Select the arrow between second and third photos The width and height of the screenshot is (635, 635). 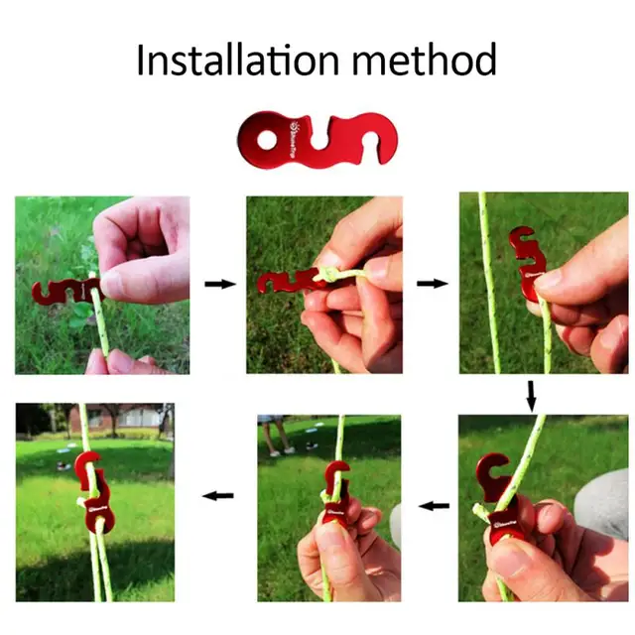(x=432, y=284)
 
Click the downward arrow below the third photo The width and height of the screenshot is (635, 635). (x=531, y=395)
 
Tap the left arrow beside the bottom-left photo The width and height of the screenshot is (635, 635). (x=218, y=493)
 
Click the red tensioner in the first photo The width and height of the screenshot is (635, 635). (x=60, y=290)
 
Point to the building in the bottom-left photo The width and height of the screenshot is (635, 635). (x=129, y=417)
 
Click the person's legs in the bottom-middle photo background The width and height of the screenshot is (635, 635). (x=277, y=435)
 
